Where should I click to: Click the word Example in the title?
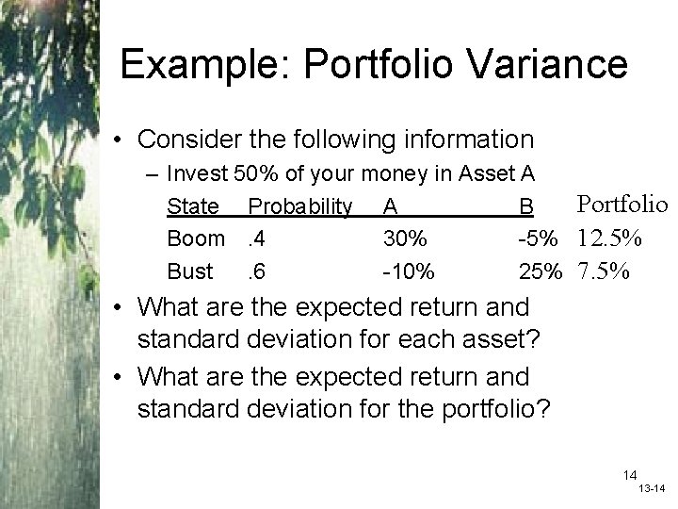coord(198,65)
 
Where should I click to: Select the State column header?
coord(191,205)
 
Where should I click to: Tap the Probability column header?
coord(299,205)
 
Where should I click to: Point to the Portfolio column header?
coord(621,204)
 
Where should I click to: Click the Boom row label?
coord(196,238)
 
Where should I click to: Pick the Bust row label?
coord(189,271)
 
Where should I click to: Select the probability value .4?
coord(254,238)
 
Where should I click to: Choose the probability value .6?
coord(254,271)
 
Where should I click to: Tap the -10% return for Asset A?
coord(408,271)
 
